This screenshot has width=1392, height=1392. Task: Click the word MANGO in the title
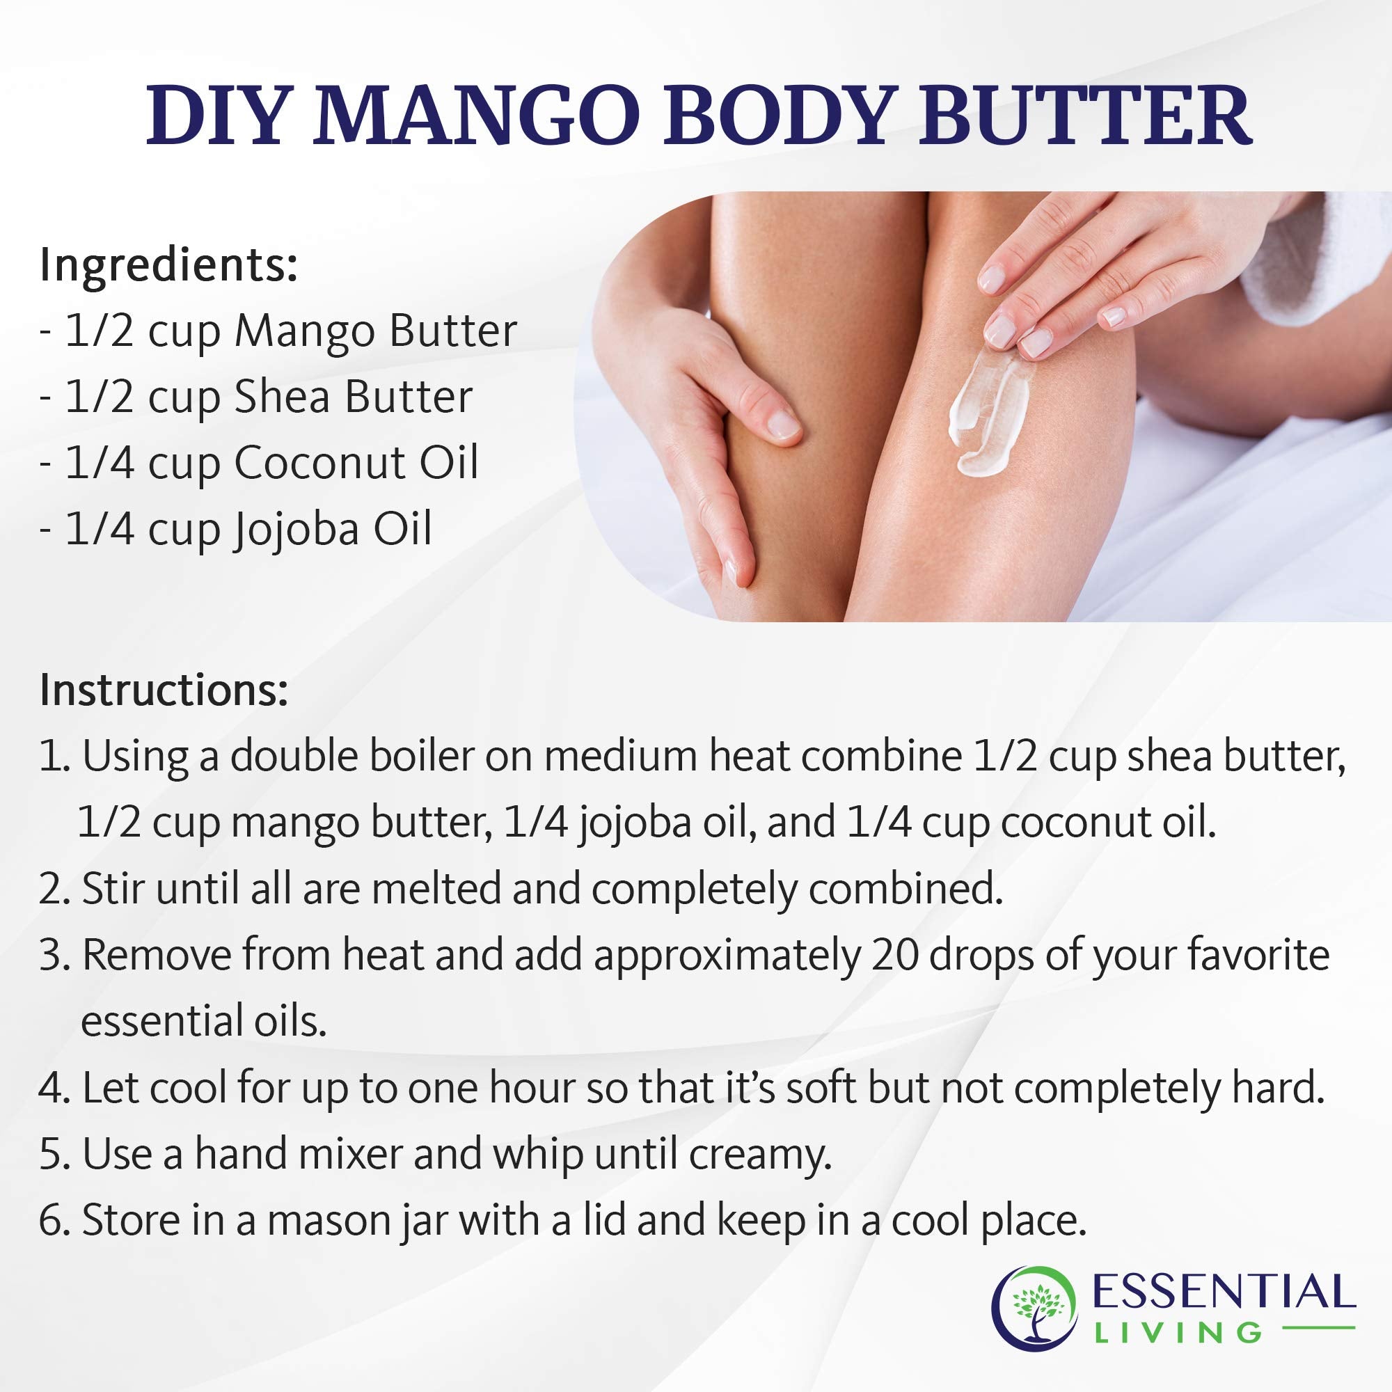[475, 116]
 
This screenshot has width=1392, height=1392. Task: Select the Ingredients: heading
[168, 265]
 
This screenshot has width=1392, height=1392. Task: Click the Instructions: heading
[164, 690]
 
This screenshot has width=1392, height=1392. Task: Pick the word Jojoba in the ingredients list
[295, 530]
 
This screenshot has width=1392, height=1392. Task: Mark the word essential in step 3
[151, 1022]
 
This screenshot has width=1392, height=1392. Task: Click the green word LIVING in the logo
[1178, 1333]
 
